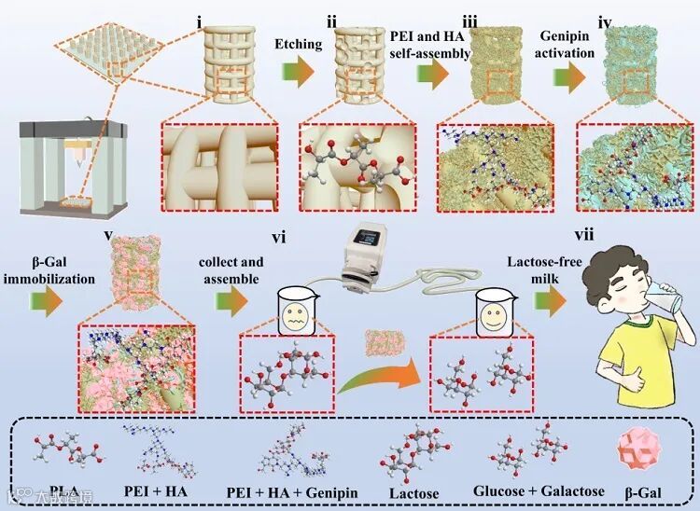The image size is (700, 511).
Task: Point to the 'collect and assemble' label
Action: coord(238,269)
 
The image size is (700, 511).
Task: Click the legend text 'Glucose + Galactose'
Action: coord(526,490)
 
